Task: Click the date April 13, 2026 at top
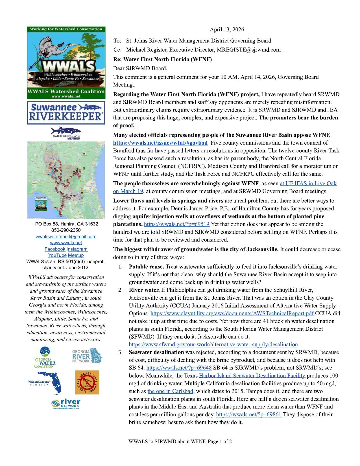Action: point(227,30)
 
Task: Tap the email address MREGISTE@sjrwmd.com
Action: point(248,50)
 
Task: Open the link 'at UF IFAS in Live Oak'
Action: point(308,184)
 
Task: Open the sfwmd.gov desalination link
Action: point(213,345)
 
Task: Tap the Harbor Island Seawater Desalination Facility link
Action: point(252,376)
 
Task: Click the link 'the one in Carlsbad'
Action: point(170,391)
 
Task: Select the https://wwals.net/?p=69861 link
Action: point(248,415)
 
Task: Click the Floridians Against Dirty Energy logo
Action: point(87,382)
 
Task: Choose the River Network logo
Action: point(66,404)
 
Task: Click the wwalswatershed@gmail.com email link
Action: point(66,237)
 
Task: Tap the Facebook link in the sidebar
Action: point(55,249)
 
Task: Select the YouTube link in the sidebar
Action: point(57,255)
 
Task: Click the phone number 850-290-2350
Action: point(66,230)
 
